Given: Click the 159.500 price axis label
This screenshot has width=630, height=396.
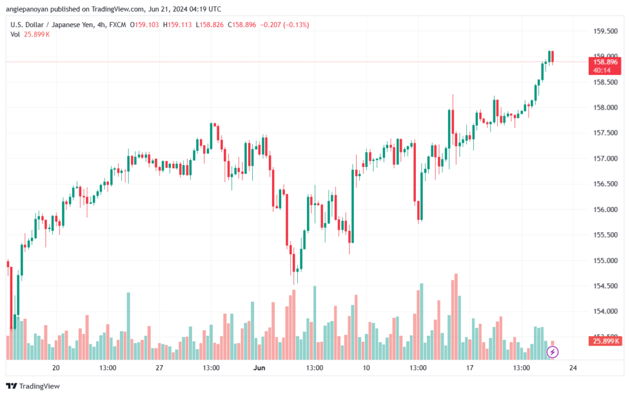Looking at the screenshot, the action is [605, 31].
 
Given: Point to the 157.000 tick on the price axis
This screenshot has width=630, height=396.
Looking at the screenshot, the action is [605, 159].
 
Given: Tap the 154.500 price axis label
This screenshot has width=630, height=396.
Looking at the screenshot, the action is [605, 286].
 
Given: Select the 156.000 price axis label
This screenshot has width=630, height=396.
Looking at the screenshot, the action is [605, 210].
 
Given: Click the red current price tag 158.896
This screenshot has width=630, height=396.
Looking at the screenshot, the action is [605, 66].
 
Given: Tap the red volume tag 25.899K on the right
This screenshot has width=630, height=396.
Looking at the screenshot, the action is [605, 341].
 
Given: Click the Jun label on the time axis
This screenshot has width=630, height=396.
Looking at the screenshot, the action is [259, 368].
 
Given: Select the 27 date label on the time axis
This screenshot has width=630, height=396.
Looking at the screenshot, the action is [159, 368].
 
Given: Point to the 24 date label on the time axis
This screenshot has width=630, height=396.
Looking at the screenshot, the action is [573, 368].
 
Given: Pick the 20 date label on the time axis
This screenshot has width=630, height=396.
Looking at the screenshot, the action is [56, 368].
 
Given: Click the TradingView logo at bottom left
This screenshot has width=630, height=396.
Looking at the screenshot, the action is [33, 386].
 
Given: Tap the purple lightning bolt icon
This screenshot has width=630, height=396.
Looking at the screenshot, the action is [552, 352].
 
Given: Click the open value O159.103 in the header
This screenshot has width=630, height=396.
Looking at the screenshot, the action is [144, 25].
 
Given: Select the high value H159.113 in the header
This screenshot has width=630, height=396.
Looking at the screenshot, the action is [177, 25].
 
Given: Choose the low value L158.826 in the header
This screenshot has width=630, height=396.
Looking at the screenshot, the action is [210, 25].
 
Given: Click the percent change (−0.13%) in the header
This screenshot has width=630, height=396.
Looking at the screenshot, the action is [296, 25].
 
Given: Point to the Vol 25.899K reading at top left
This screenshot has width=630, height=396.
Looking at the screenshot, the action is [30, 34].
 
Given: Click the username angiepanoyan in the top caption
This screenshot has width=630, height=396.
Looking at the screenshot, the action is [27, 9].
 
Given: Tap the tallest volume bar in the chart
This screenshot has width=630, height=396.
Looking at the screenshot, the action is [456, 317].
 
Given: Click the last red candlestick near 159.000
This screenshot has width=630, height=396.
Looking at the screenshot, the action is [553, 57].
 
